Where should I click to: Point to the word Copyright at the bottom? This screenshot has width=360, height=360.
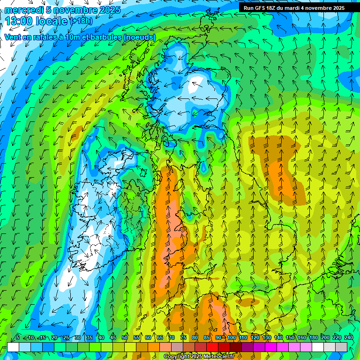click(x=178, y=357)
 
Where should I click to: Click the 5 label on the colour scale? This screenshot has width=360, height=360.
click(x=18, y=337)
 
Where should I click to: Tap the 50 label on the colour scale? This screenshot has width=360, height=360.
click(x=125, y=337)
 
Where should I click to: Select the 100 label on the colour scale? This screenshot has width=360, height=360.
click(x=231, y=337)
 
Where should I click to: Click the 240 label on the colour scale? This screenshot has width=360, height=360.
click(x=348, y=337)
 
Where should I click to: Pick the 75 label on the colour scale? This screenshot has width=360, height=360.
click(x=183, y=337)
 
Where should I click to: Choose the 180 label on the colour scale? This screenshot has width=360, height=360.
click(x=313, y=337)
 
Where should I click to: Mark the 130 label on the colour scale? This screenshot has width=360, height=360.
click(x=266, y=337)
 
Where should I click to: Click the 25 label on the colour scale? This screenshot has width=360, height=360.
click(x=66, y=337)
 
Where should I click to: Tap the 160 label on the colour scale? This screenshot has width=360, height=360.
click(x=301, y=337)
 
